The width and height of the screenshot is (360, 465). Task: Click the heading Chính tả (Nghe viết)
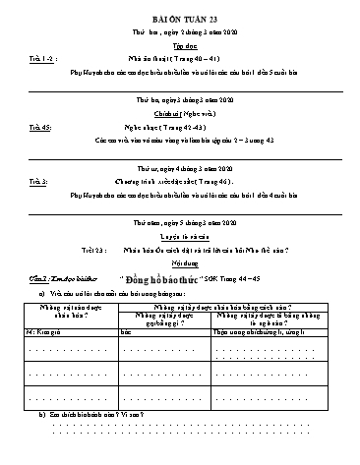tap(179, 115)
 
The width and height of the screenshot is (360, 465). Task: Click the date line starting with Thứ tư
tap(179, 168)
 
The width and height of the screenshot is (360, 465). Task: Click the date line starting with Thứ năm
tap(179, 222)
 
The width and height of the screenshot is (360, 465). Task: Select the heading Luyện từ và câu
tap(179, 237)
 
